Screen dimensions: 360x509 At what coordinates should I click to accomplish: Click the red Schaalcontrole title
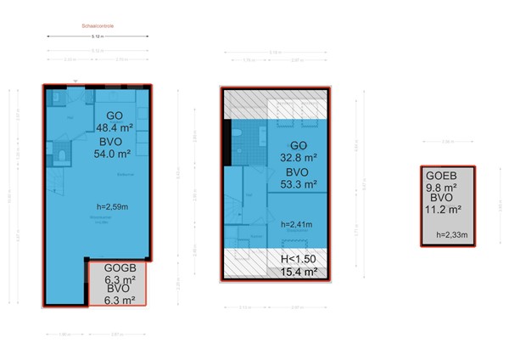[x=98, y=26]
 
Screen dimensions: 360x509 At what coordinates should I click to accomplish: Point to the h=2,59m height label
[x=114, y=206]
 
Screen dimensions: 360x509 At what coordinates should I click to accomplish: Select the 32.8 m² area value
[x=298, y=157]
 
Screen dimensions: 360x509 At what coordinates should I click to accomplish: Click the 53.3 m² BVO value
[x=298, y=183]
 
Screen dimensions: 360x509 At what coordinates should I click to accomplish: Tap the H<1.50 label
[x=298, y=258]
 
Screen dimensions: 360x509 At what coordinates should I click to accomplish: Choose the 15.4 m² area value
[x=298, y=272]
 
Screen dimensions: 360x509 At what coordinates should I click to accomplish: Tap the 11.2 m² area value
[x=443, y=209]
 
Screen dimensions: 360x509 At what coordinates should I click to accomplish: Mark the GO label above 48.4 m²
[x=114, y=115]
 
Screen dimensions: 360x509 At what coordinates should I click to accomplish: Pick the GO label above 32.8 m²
[x=299, y=144]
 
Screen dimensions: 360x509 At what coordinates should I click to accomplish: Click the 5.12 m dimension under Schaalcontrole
[x=98, y=37]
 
